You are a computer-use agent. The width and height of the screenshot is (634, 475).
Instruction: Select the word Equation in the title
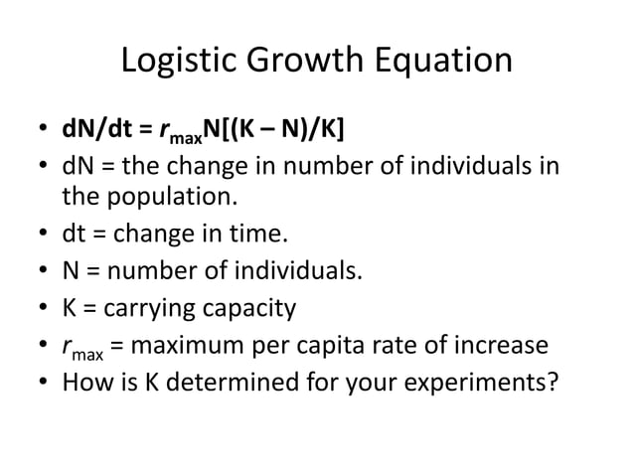[447, 63]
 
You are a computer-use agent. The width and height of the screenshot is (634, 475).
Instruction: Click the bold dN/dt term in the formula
[94, 132]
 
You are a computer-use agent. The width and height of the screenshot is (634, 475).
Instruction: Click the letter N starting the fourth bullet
[71, 272]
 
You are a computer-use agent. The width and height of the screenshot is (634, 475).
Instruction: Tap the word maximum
[194, 346]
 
